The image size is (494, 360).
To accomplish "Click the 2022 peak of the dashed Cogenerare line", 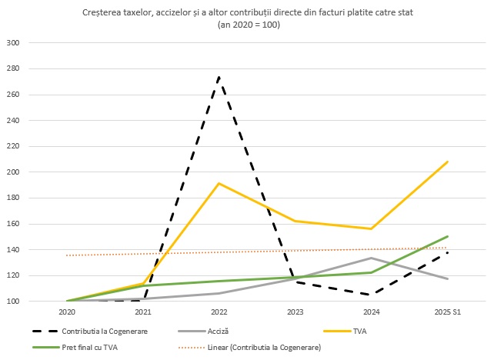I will pos(219,77).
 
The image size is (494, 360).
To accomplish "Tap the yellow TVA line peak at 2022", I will pos(219,183).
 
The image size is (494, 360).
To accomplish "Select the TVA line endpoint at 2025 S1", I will pos(447,162).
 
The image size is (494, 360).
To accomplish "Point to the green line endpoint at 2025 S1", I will pos(447,236).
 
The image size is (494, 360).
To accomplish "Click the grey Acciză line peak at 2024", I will pos(372,258).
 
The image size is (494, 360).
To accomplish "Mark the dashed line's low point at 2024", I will pos(372,295).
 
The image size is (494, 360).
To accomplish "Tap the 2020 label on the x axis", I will pos(67,312).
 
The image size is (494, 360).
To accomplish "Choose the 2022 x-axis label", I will pos(219,312).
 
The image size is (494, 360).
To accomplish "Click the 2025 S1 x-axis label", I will pos(447,312).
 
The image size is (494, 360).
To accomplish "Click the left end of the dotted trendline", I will pos(68,255).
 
